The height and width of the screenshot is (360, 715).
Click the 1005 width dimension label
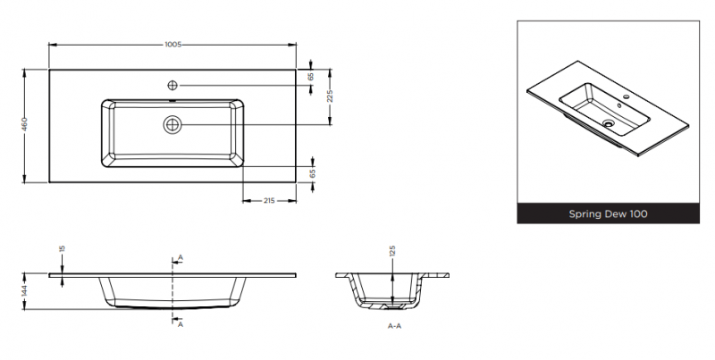click(x=172, y=44)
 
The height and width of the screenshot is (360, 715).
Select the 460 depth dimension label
click(x=25, y=124)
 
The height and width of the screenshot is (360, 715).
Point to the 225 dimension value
click(x=330, y=96)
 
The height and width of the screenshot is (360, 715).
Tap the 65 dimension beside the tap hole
click(x=311, y=77)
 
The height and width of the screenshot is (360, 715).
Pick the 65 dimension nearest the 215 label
click(x=312, y=173)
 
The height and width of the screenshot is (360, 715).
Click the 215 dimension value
click(x=269, y=200)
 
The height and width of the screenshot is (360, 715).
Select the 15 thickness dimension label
click(x=63, y=248)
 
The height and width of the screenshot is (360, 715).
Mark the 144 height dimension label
click(x=25, y=290)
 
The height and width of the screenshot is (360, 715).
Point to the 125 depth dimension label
click(x=392, y=251)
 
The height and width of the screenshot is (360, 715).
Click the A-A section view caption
click(x=394, y=326)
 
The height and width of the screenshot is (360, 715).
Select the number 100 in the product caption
click(x=639, y=213)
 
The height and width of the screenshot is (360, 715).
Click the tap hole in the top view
click(x=172, y=85)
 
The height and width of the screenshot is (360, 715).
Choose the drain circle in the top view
click(x=172, y=124)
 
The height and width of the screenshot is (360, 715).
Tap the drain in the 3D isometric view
click(x=609, y=122)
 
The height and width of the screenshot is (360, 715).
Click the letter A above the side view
click(x=181, y=258)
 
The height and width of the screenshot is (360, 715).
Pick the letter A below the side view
click(x=181, y=324)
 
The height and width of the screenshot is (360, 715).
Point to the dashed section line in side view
click(x=172, y=290)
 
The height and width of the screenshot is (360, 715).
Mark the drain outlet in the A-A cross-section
click(x=392, y=306)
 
